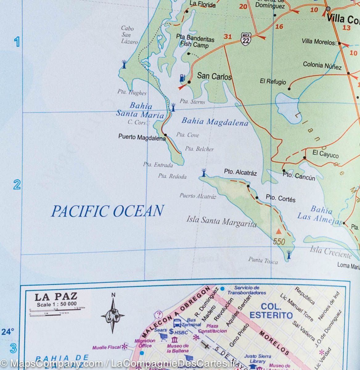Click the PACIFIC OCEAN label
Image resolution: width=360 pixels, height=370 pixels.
click(x=107, y=211)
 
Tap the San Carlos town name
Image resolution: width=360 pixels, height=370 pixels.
click(x=214, y=76)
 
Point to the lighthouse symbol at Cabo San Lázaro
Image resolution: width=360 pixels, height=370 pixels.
click(x=124, y=64)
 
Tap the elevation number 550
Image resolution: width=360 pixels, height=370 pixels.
click(x=279, y=241)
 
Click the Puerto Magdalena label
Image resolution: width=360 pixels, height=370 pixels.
click(x=142, y=138)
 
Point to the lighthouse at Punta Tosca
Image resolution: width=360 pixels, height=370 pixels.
click(x=289, y=255)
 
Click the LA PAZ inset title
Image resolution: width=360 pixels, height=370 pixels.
click(x=55, y=297)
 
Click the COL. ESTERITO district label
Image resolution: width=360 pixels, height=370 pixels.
click(x=271, y=311)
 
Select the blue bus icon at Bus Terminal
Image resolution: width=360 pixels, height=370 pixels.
click(x=177, y=323)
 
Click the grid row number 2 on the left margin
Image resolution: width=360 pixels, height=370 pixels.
click(x=17, y=185)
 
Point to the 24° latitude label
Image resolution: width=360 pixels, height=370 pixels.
click(x=8, y=332)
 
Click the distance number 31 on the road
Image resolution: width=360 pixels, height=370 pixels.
click(x=228, y=37)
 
